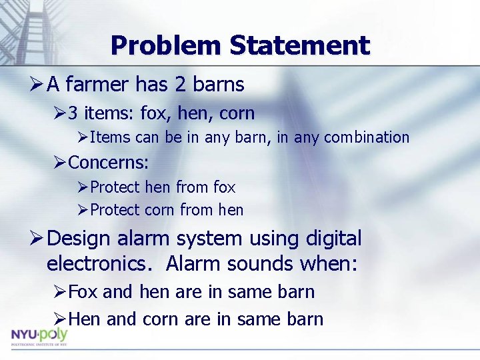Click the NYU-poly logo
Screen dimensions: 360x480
click(x=39, y=337)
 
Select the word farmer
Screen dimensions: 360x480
click(x=98, y=85)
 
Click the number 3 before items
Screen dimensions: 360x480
click(x=73, y=113)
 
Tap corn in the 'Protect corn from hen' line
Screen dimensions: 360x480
click(x=160, y=210)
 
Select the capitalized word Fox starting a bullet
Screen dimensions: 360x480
click(x=83, y=292)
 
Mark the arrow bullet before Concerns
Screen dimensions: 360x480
click(x=60, y=162)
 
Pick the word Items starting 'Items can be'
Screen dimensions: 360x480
click(x=105, y=137)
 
